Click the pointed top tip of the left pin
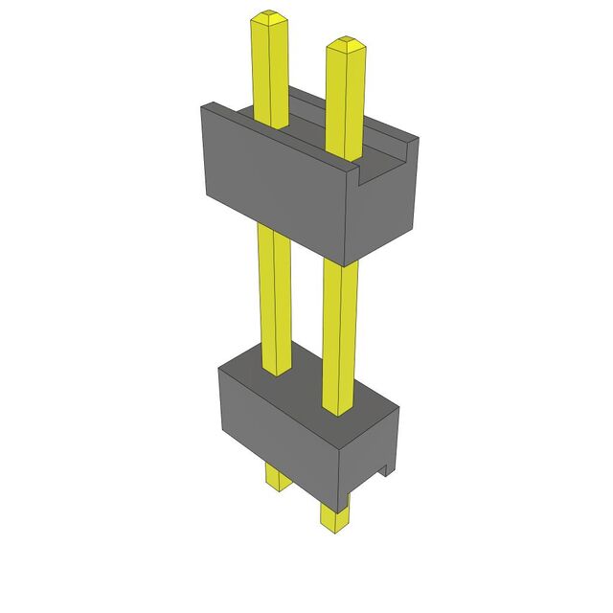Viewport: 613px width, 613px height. (269, 16)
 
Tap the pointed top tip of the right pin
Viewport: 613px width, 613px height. (344, 42)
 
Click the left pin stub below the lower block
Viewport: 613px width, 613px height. (276, 478)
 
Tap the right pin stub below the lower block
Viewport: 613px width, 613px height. (335, 517)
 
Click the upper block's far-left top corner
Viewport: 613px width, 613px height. (200, 108)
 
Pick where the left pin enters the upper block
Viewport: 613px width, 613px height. (273, 125)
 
